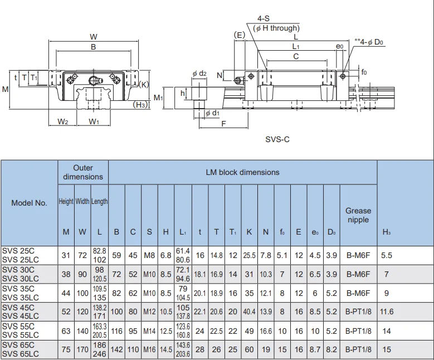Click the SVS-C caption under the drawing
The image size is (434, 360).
pyautogui.click(x=277, y=139)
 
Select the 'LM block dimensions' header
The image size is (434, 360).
pyautogui.click(x=243, y=172)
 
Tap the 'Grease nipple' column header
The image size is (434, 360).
pyautogui.click(x=358, y=215)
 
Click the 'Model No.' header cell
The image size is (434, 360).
pyautogui.click(x=29, y=203)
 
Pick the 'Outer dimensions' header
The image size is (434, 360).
pyautogui.click(x=83, y=172)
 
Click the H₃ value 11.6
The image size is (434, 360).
pyautogui.click(x=387, y=312)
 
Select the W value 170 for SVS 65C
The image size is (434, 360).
pyautogui.click(x=82, y=350)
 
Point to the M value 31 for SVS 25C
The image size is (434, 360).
pyautogui.click(x=66, y=255)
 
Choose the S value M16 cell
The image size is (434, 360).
pyautogui.click(x=150, y=350)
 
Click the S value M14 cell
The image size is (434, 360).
pyautogui.click(x=150, y=331)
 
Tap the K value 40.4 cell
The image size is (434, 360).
pyautogui.click(x=249, y=312)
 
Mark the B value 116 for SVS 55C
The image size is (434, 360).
pyautogui.click(x=116, y=331)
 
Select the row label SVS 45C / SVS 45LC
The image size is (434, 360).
pyautogui.click(x=21, y=312)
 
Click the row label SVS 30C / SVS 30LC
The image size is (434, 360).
pyautogui.click(x=21, y=274)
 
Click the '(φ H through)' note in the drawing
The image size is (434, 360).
pyautogui.click(x=277, y=28)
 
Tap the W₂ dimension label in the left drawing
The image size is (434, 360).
pyautogui.click(x=63, y=121)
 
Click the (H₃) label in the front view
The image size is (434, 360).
pyautogui.click(x=140, y=104)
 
